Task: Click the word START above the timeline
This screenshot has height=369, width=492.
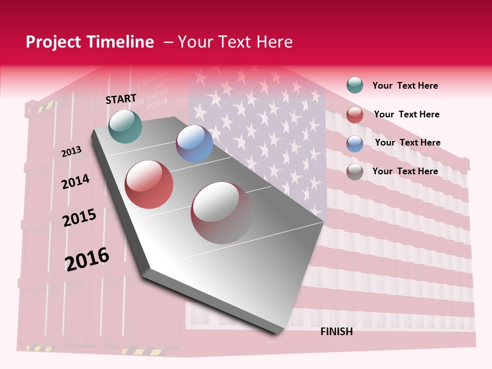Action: tap(121, 99)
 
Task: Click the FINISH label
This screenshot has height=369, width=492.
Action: tap(337, 332)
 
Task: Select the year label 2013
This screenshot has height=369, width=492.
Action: tap(71, 152)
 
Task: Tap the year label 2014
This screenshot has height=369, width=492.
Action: tap(75, 181)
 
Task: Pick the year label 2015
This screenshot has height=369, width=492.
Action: tap(79, 218)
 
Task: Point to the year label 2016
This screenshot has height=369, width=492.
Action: tap(87, 259)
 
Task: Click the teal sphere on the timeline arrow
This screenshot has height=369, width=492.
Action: tap(126, 126)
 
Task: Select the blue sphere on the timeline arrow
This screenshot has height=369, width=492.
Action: tap(195, 143)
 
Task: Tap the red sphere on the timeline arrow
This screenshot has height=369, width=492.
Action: tap(149, 184)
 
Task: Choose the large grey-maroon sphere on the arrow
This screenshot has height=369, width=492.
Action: tap(222, 213)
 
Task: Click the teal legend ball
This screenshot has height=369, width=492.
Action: tap(355, 86)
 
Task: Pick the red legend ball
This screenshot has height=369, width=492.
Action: tap(355, 115)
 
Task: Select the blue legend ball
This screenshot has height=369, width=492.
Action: tap(355, 143)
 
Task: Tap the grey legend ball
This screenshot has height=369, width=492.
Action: tap(355, 172)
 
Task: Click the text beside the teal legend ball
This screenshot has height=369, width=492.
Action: tap(405, 86)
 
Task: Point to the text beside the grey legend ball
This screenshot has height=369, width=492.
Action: tap(405, 171)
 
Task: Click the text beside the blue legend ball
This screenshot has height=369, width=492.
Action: tap(407, 142)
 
